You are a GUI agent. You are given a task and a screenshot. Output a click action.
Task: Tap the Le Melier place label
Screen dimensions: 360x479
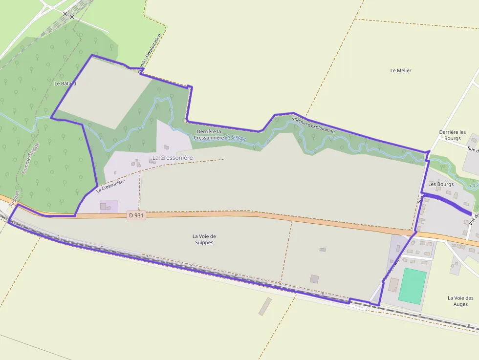pyautogui.click(x=401, y=71)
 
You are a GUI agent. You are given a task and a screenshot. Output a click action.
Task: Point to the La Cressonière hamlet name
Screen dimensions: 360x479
pyautogui.click(x=173, y=158)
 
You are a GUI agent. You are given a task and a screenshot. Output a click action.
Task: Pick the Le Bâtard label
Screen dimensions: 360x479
pyautogui.click(x=65, y=84)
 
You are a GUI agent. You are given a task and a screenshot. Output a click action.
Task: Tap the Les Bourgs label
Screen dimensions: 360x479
pyautogui.click(x=441, y=184)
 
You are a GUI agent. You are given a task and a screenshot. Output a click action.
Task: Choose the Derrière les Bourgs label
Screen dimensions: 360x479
pyautogui.click(x=452, y=135)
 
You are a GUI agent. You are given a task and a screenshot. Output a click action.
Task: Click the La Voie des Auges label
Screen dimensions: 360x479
pyautogui.click(x=460, y=301)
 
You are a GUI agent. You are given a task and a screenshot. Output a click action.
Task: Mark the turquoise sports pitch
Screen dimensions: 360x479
pyautogui.click(x=412, y=286)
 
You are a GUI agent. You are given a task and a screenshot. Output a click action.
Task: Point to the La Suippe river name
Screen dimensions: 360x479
pyautogui.click(x=236, y=138)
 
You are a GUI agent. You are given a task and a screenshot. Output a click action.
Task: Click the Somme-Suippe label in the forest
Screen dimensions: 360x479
pyautogui.click(x=30, y=159)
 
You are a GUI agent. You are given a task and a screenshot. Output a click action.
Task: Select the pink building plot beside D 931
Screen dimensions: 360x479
pyautogui.click(x=109, y=207)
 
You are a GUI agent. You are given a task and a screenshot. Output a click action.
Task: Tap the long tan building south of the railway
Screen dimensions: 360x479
pyautogui.click(x=265, y=306)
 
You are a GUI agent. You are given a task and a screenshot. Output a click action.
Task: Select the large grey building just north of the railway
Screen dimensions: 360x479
pyautogui.click(x=314, y=279)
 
